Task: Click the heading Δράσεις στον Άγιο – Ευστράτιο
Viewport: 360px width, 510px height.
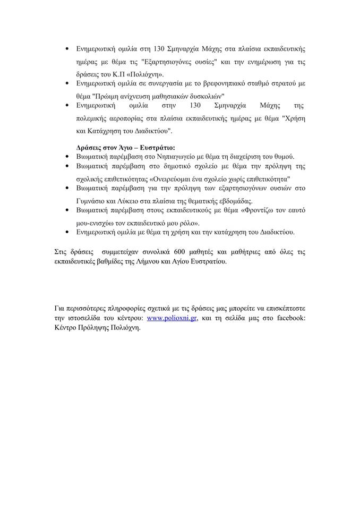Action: click(x=126, y=146)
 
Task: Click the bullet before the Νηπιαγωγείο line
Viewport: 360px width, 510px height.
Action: click(x=66, y=157)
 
